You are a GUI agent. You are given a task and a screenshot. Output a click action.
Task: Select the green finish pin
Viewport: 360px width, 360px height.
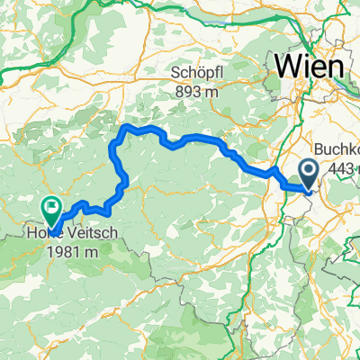pos(51,210)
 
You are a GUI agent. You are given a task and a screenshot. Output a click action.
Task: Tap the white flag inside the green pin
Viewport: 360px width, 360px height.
pos(51,206)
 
